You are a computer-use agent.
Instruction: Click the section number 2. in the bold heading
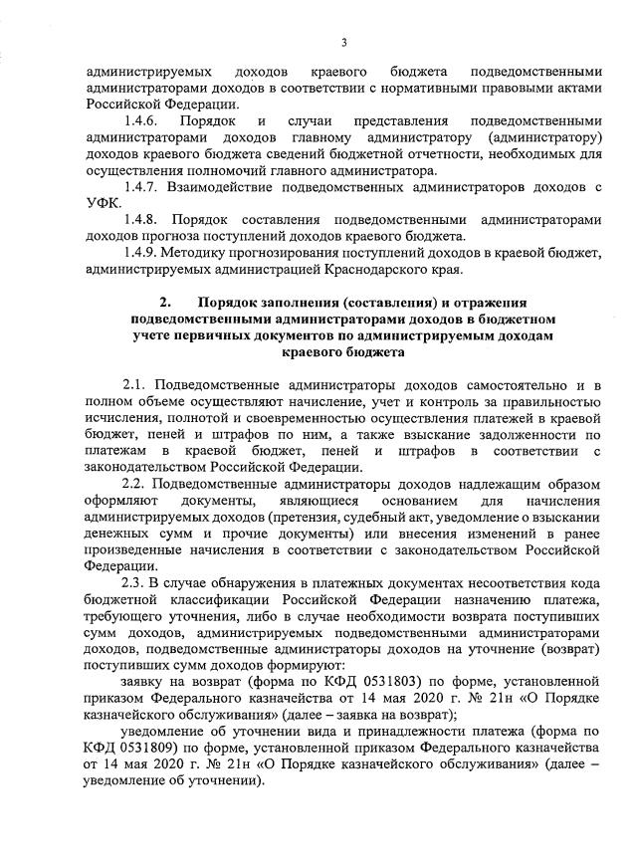coord(165,302)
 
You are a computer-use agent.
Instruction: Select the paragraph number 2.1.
coord(136,383)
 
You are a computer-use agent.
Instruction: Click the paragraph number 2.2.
coord(136,485)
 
